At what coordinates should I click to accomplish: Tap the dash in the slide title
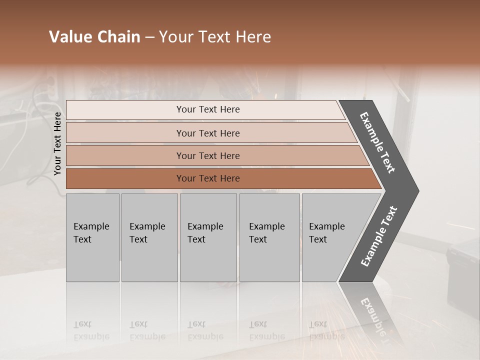tap(149, 37)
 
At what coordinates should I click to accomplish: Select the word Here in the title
tap(253, 37)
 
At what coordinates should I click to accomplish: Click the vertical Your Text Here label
tap(57, 144)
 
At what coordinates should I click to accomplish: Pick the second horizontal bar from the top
tap(208, 133)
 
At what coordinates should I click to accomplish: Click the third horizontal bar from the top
tap(208, 155)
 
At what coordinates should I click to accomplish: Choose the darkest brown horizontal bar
tap(208, 178)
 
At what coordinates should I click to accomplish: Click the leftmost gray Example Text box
tap(92, 237)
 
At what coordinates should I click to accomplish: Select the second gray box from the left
tap(149, 237)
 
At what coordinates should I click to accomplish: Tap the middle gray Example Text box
tap(208, 237)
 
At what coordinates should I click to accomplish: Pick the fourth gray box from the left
tap(269, 237)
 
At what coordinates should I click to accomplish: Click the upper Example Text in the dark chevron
tap(378, 143)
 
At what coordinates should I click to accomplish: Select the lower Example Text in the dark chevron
tap(379, 236)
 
